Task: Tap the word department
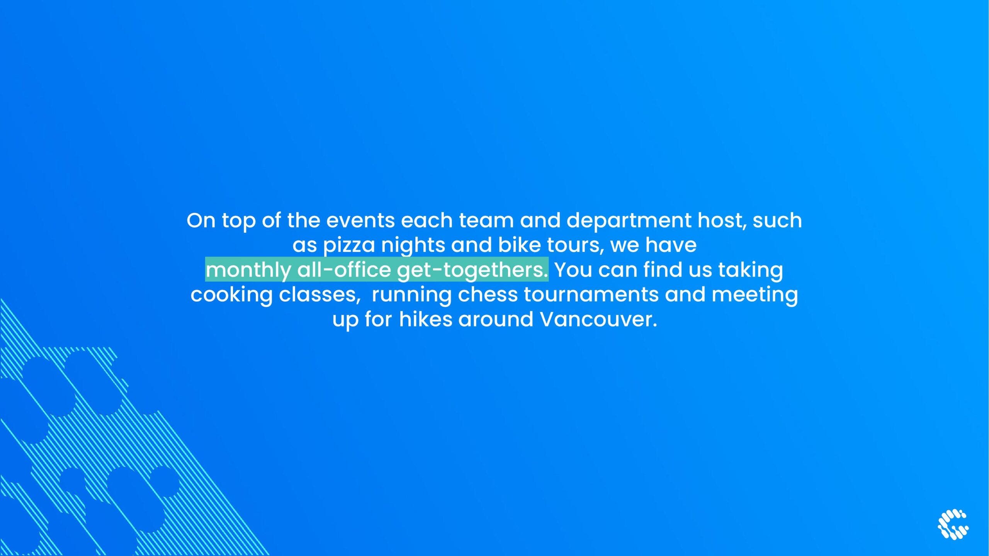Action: point(629,221)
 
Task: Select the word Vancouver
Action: point(598,320)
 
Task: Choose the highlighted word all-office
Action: point(344,270)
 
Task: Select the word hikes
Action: point(425,320)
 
